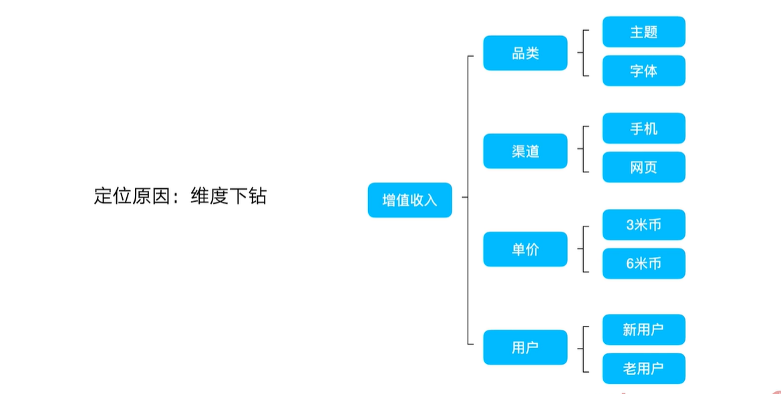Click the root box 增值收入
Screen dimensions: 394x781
point(410,200)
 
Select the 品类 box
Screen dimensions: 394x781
point(525,53)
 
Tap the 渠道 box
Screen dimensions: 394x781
point(525,151)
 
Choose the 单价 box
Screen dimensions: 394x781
point(525,249)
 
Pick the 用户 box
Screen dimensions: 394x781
point(525,347)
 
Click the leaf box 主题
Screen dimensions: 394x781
point(643,32)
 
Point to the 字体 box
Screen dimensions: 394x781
point(643,71)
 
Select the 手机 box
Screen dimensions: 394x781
point(643,128)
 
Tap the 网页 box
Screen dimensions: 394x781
point(643,167)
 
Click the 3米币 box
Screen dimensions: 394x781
point(643,224)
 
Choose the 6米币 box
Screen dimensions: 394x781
point(643,263)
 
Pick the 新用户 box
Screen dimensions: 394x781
point(643,329)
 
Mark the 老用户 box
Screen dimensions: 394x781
point(643,368)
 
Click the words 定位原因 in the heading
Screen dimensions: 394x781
point(131,196)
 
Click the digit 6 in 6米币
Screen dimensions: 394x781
point(630,263)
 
